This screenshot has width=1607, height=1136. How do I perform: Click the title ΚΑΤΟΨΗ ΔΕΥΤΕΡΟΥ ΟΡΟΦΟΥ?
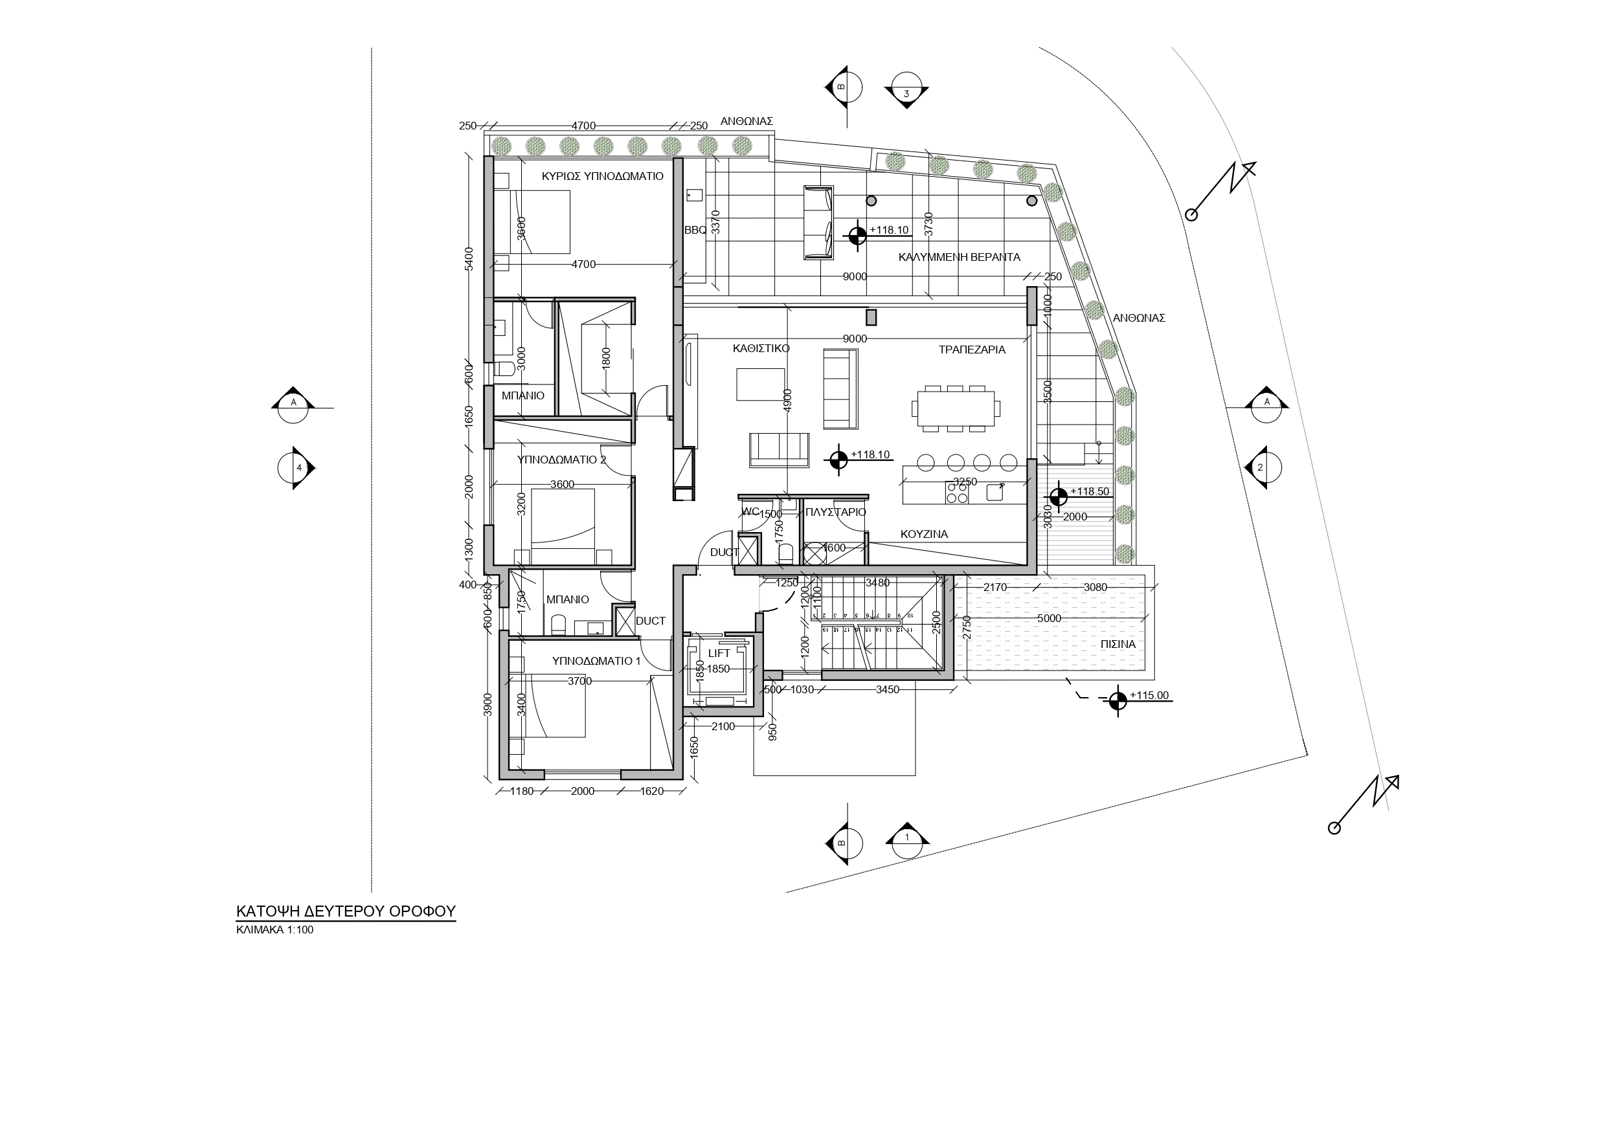pyautogui.click(x=346, y=911)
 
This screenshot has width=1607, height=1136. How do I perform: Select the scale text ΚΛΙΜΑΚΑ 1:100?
pyautogui.click(x=275, y=930)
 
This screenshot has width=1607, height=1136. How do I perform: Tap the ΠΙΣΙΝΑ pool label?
pyautogui.click(x=1118, y=644)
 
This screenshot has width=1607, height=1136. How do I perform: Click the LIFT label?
pyautogui.click(x=719, y=653)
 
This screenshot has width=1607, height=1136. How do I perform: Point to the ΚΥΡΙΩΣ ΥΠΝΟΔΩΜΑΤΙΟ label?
pyautogui.click(x=602, y=176)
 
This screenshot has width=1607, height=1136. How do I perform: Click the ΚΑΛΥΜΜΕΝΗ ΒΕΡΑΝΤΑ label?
pyautogui.click(x=959, y=257)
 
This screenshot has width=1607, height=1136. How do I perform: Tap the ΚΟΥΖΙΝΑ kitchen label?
pyautogui.click(x=924, y=534)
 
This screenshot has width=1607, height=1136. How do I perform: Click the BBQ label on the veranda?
pyautogui.click(x=695, y=230)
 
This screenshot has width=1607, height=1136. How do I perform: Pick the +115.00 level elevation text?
pyautogui.click(x=1149, y=696)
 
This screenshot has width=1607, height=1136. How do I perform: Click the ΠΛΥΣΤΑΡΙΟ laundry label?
pyautogui.click(x=836, y=513)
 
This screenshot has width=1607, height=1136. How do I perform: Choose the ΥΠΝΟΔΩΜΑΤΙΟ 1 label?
pyautogui.click(x=596, y=661)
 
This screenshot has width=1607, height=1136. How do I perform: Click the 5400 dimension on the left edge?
pyautogui.click(x=469, y=258)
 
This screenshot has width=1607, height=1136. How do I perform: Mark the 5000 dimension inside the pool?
pyautogui.click(x=1048, y=618)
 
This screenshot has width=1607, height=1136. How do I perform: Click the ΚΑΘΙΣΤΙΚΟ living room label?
pyautogui.click(x=761, y=348)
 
